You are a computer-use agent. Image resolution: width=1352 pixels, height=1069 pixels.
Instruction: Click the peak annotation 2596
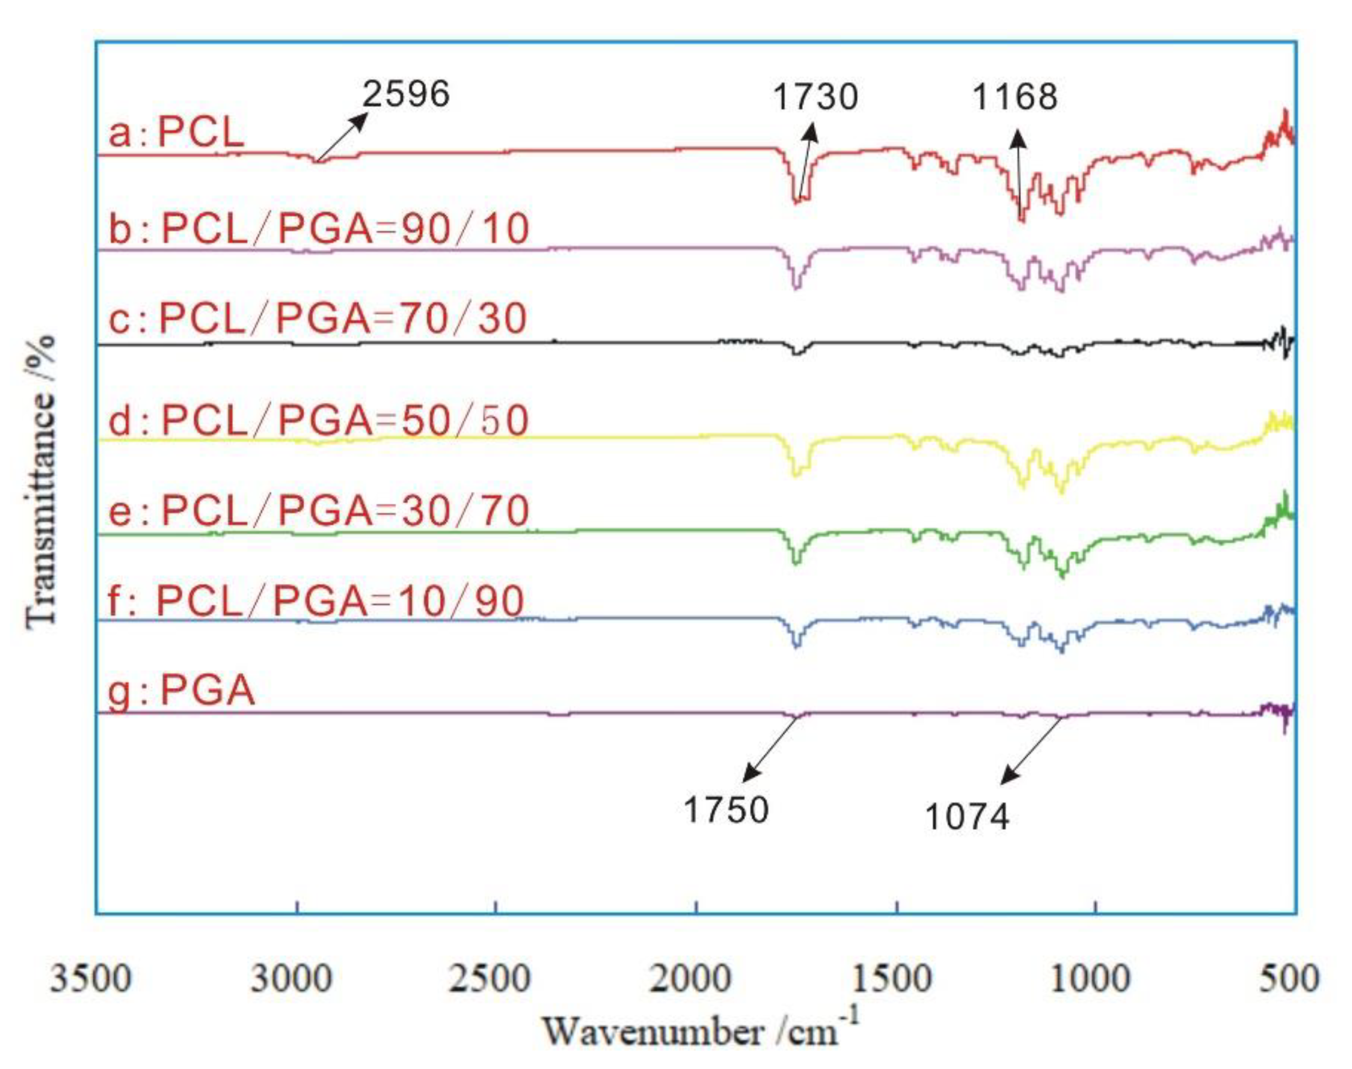pyautogui.click(x=406, y=95)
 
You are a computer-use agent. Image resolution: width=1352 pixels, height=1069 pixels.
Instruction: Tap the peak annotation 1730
pyautogui.click(x=815, y=97)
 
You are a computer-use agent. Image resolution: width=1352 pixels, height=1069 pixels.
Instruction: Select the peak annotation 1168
pyautogui.click(x=1014, y=97)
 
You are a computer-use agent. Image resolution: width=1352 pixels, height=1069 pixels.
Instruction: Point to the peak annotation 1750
pyautogui.click(x=726, y=809)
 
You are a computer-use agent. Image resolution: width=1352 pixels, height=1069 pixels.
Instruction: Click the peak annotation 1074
pyautogui.click(x=967, y=817)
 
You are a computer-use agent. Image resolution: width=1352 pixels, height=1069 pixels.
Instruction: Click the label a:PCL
pyautogui.click(x=176, y=133)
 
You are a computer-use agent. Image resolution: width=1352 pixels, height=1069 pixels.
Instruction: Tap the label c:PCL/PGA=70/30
pyautogui.click(x=317, y=319)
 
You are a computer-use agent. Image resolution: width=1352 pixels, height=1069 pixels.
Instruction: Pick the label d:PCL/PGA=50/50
pyautogui.click(x=318, y=420)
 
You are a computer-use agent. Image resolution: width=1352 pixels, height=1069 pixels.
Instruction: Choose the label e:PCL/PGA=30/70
pyautogui.click(x=318, y=511)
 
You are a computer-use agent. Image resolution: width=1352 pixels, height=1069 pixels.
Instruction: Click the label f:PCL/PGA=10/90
pyautogui.click(x=316, y=601)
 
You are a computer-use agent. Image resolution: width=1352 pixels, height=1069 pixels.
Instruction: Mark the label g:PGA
pyautogui.click(x=181, y=692)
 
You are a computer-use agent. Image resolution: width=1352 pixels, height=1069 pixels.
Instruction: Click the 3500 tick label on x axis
pyautogui.click(x=91, y=978)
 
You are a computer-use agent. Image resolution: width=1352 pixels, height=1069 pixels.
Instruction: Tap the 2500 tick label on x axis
pyautogui.click(x=490, y=978)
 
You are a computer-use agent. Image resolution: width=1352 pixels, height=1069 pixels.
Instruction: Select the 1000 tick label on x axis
pyautogui.click(x=1089, y=978)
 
